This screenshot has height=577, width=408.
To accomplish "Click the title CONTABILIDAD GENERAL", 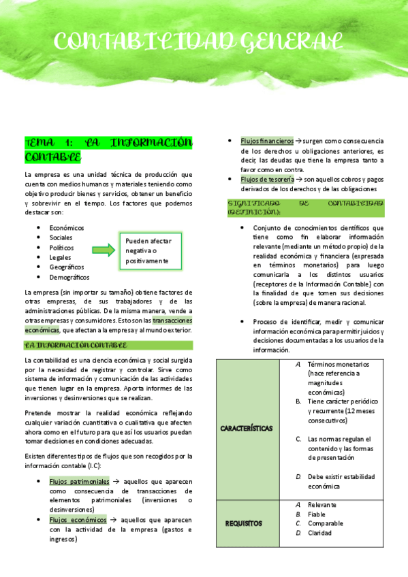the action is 198,42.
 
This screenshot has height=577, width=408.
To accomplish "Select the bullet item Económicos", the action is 67,227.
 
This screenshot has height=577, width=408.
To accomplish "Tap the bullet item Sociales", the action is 61,237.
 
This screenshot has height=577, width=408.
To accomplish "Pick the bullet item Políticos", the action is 61,248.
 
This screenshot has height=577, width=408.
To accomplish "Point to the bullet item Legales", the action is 61,257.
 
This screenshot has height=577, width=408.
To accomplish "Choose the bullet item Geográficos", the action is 67,267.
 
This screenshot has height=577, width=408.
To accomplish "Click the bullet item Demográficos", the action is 69,277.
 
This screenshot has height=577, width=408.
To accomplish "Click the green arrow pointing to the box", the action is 104,250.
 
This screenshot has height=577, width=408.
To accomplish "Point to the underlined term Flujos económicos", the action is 78,520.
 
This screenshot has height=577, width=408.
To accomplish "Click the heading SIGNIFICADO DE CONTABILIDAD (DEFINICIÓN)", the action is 305,208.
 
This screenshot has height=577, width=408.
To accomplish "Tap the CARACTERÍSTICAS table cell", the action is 247,429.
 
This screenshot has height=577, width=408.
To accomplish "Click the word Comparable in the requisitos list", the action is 326,523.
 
